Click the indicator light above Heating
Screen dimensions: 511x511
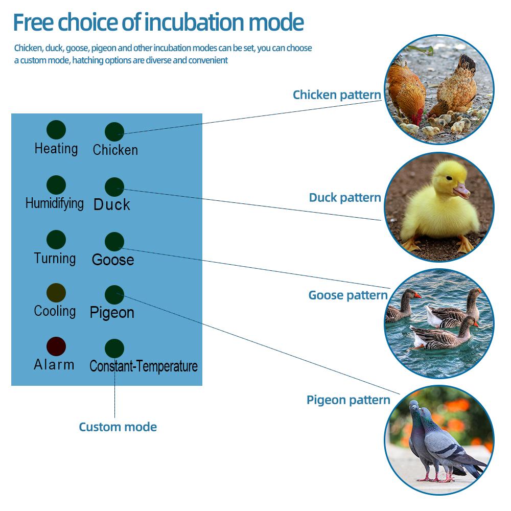[x=56, y=130]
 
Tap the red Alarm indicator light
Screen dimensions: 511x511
[x=56, y=346]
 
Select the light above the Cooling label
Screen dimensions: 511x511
[x=56, y=293]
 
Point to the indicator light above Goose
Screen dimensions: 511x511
[x=114, y=242]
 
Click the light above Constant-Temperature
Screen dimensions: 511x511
[x=114, y=349]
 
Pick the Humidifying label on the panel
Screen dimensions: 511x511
[x=55, y=203]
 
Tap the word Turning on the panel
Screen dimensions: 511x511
[x=55, y=259]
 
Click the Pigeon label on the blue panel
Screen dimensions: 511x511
[x=112, y=313]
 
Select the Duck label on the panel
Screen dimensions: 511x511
[x=112, y=205]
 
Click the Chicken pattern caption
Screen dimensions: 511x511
[x=337, y=95]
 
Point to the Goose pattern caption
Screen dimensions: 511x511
[x=347, y=295]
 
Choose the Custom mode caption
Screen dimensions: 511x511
[x=118, y=427]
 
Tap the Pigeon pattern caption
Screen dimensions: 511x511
[x=348, y=400]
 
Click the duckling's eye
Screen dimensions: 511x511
[x=449, y=178]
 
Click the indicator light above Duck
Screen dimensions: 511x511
[x=114, y=187]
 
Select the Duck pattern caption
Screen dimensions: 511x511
[x=345, y=197]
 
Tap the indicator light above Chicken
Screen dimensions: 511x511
[x=114, y=132]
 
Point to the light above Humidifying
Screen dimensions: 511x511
[x=56, y=185]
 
